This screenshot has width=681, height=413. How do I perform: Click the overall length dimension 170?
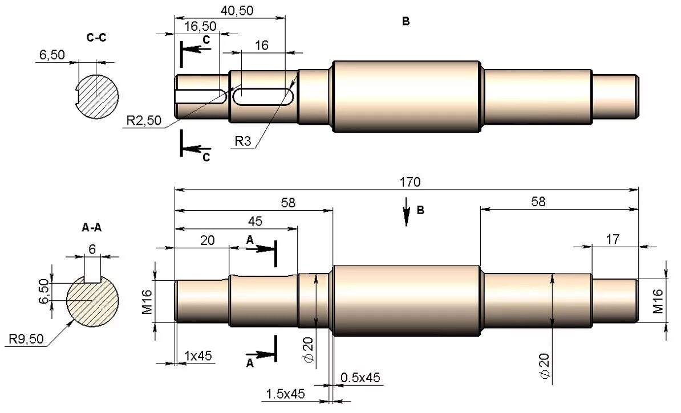410,182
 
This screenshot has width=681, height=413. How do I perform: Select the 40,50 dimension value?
237,10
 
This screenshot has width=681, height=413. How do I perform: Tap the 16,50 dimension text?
200,26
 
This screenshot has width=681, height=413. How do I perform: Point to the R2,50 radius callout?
144,121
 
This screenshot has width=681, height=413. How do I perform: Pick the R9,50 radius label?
26,340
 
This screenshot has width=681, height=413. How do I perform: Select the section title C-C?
96,38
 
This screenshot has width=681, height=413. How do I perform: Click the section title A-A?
92,227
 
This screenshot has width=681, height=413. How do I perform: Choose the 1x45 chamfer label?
198,356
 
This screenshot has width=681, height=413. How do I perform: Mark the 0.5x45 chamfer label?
360,377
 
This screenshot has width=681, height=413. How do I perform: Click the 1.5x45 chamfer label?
285,393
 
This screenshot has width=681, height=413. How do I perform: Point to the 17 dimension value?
613,239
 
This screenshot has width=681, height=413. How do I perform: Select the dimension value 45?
255,221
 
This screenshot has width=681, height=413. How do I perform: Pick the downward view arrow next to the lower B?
406,211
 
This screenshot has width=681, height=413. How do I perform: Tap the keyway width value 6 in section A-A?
92,248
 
